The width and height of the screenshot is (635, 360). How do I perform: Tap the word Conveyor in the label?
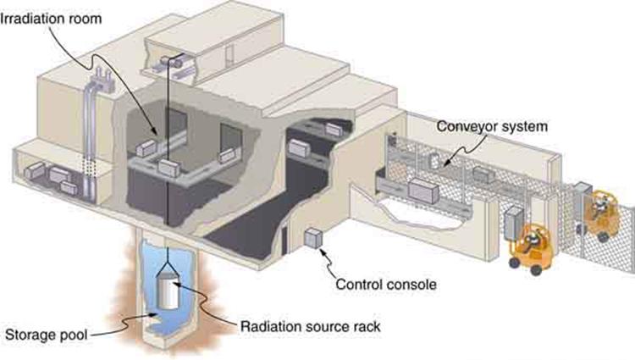(462, 126)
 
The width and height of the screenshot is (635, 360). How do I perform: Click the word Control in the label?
(358, 284)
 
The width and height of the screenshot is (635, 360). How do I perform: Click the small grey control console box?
(314, 240)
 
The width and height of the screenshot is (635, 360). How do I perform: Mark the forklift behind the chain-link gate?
(603, 214)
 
